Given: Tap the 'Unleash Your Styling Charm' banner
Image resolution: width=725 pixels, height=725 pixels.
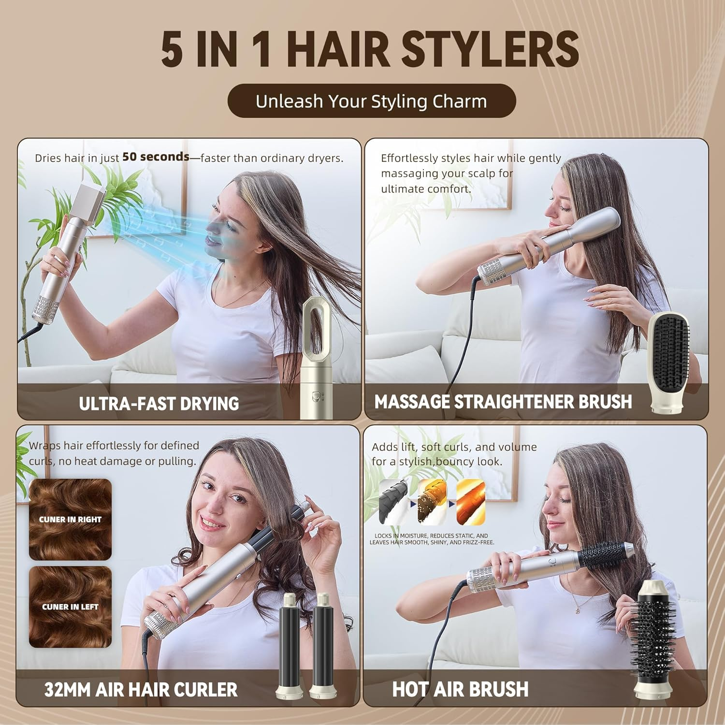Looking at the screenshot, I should click(371, 101).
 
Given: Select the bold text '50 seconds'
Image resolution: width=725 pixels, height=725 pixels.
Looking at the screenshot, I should click(156, 157).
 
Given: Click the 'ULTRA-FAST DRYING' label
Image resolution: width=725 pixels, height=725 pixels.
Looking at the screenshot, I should click(159, 404).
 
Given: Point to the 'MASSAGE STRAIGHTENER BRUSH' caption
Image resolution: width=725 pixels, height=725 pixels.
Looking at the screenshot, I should click(503, 402).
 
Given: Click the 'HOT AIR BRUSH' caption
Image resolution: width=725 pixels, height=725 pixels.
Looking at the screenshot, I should click(460, 689).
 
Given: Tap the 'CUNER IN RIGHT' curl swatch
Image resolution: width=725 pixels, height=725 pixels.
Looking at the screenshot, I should click(71, 519).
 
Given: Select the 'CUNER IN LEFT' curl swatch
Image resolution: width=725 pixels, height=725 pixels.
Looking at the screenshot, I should click(71, 607).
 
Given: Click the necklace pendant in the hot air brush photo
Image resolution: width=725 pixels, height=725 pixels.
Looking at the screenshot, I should click(579, 610).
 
